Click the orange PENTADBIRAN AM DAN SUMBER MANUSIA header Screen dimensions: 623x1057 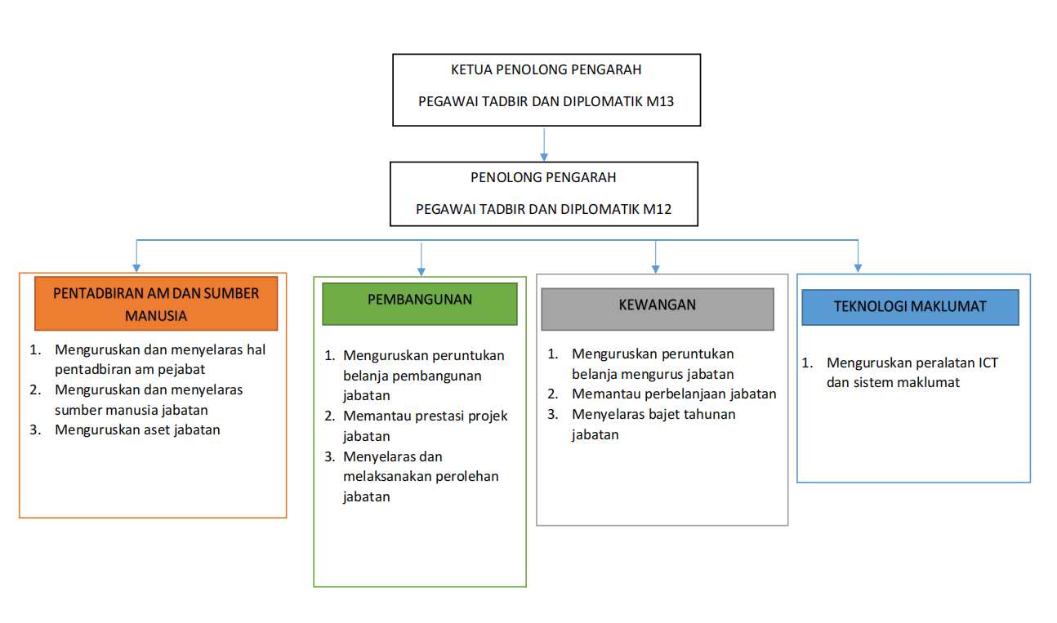[x=156, y=304]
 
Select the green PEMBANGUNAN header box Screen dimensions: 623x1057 [x=420, y=300]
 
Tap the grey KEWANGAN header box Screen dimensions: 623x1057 [x=657, y=306]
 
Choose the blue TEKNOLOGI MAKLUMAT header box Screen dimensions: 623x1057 [x=910, y=307]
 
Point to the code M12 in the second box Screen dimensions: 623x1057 [x=657, y=209]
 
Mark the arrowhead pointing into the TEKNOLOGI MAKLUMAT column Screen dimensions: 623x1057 [x=858, y=265]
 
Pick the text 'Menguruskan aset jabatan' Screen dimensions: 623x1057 [x=137, y=429]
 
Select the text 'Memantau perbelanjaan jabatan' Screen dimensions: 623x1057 [x=674, y=394]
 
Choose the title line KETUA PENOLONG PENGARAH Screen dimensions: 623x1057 [x=546, y=70]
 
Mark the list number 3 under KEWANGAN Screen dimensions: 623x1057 [x=553, y=414]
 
